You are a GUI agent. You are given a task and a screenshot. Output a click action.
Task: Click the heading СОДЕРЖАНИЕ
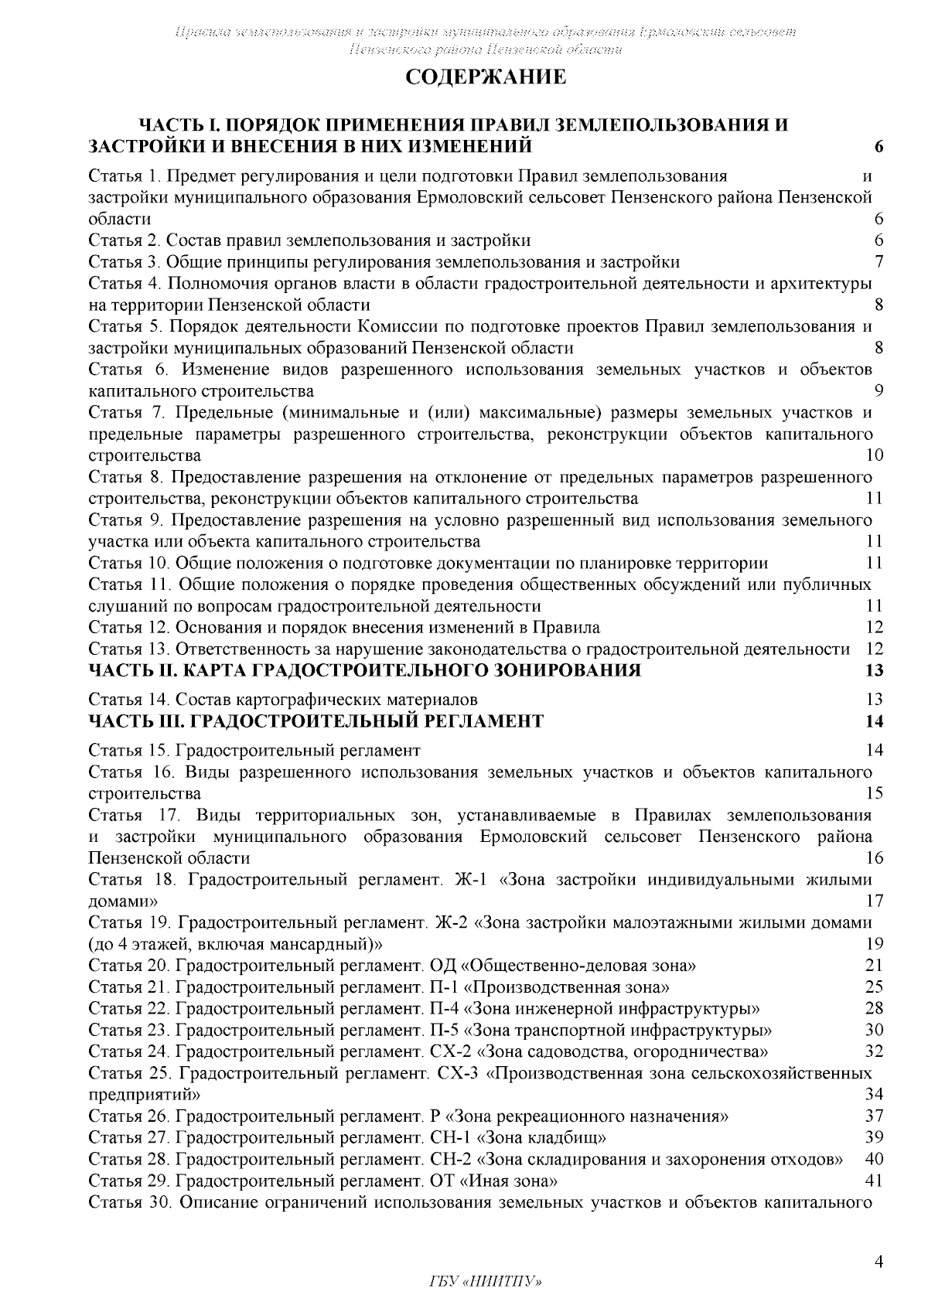point(486,77)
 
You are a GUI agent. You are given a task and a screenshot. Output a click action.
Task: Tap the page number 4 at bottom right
point(878,1262)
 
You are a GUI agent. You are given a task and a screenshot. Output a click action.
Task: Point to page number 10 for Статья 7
point(875,455)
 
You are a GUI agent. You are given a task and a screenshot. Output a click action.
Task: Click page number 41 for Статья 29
point(875,1181)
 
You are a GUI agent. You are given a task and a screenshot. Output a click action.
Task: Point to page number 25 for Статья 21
point(875,987)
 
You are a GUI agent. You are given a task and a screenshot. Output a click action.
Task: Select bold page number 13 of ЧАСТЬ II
point(875,670)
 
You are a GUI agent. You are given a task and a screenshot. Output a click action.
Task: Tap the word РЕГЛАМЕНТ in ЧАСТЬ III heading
point(483,722)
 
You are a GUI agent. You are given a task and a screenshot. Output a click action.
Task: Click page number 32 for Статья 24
point(875,1051)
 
